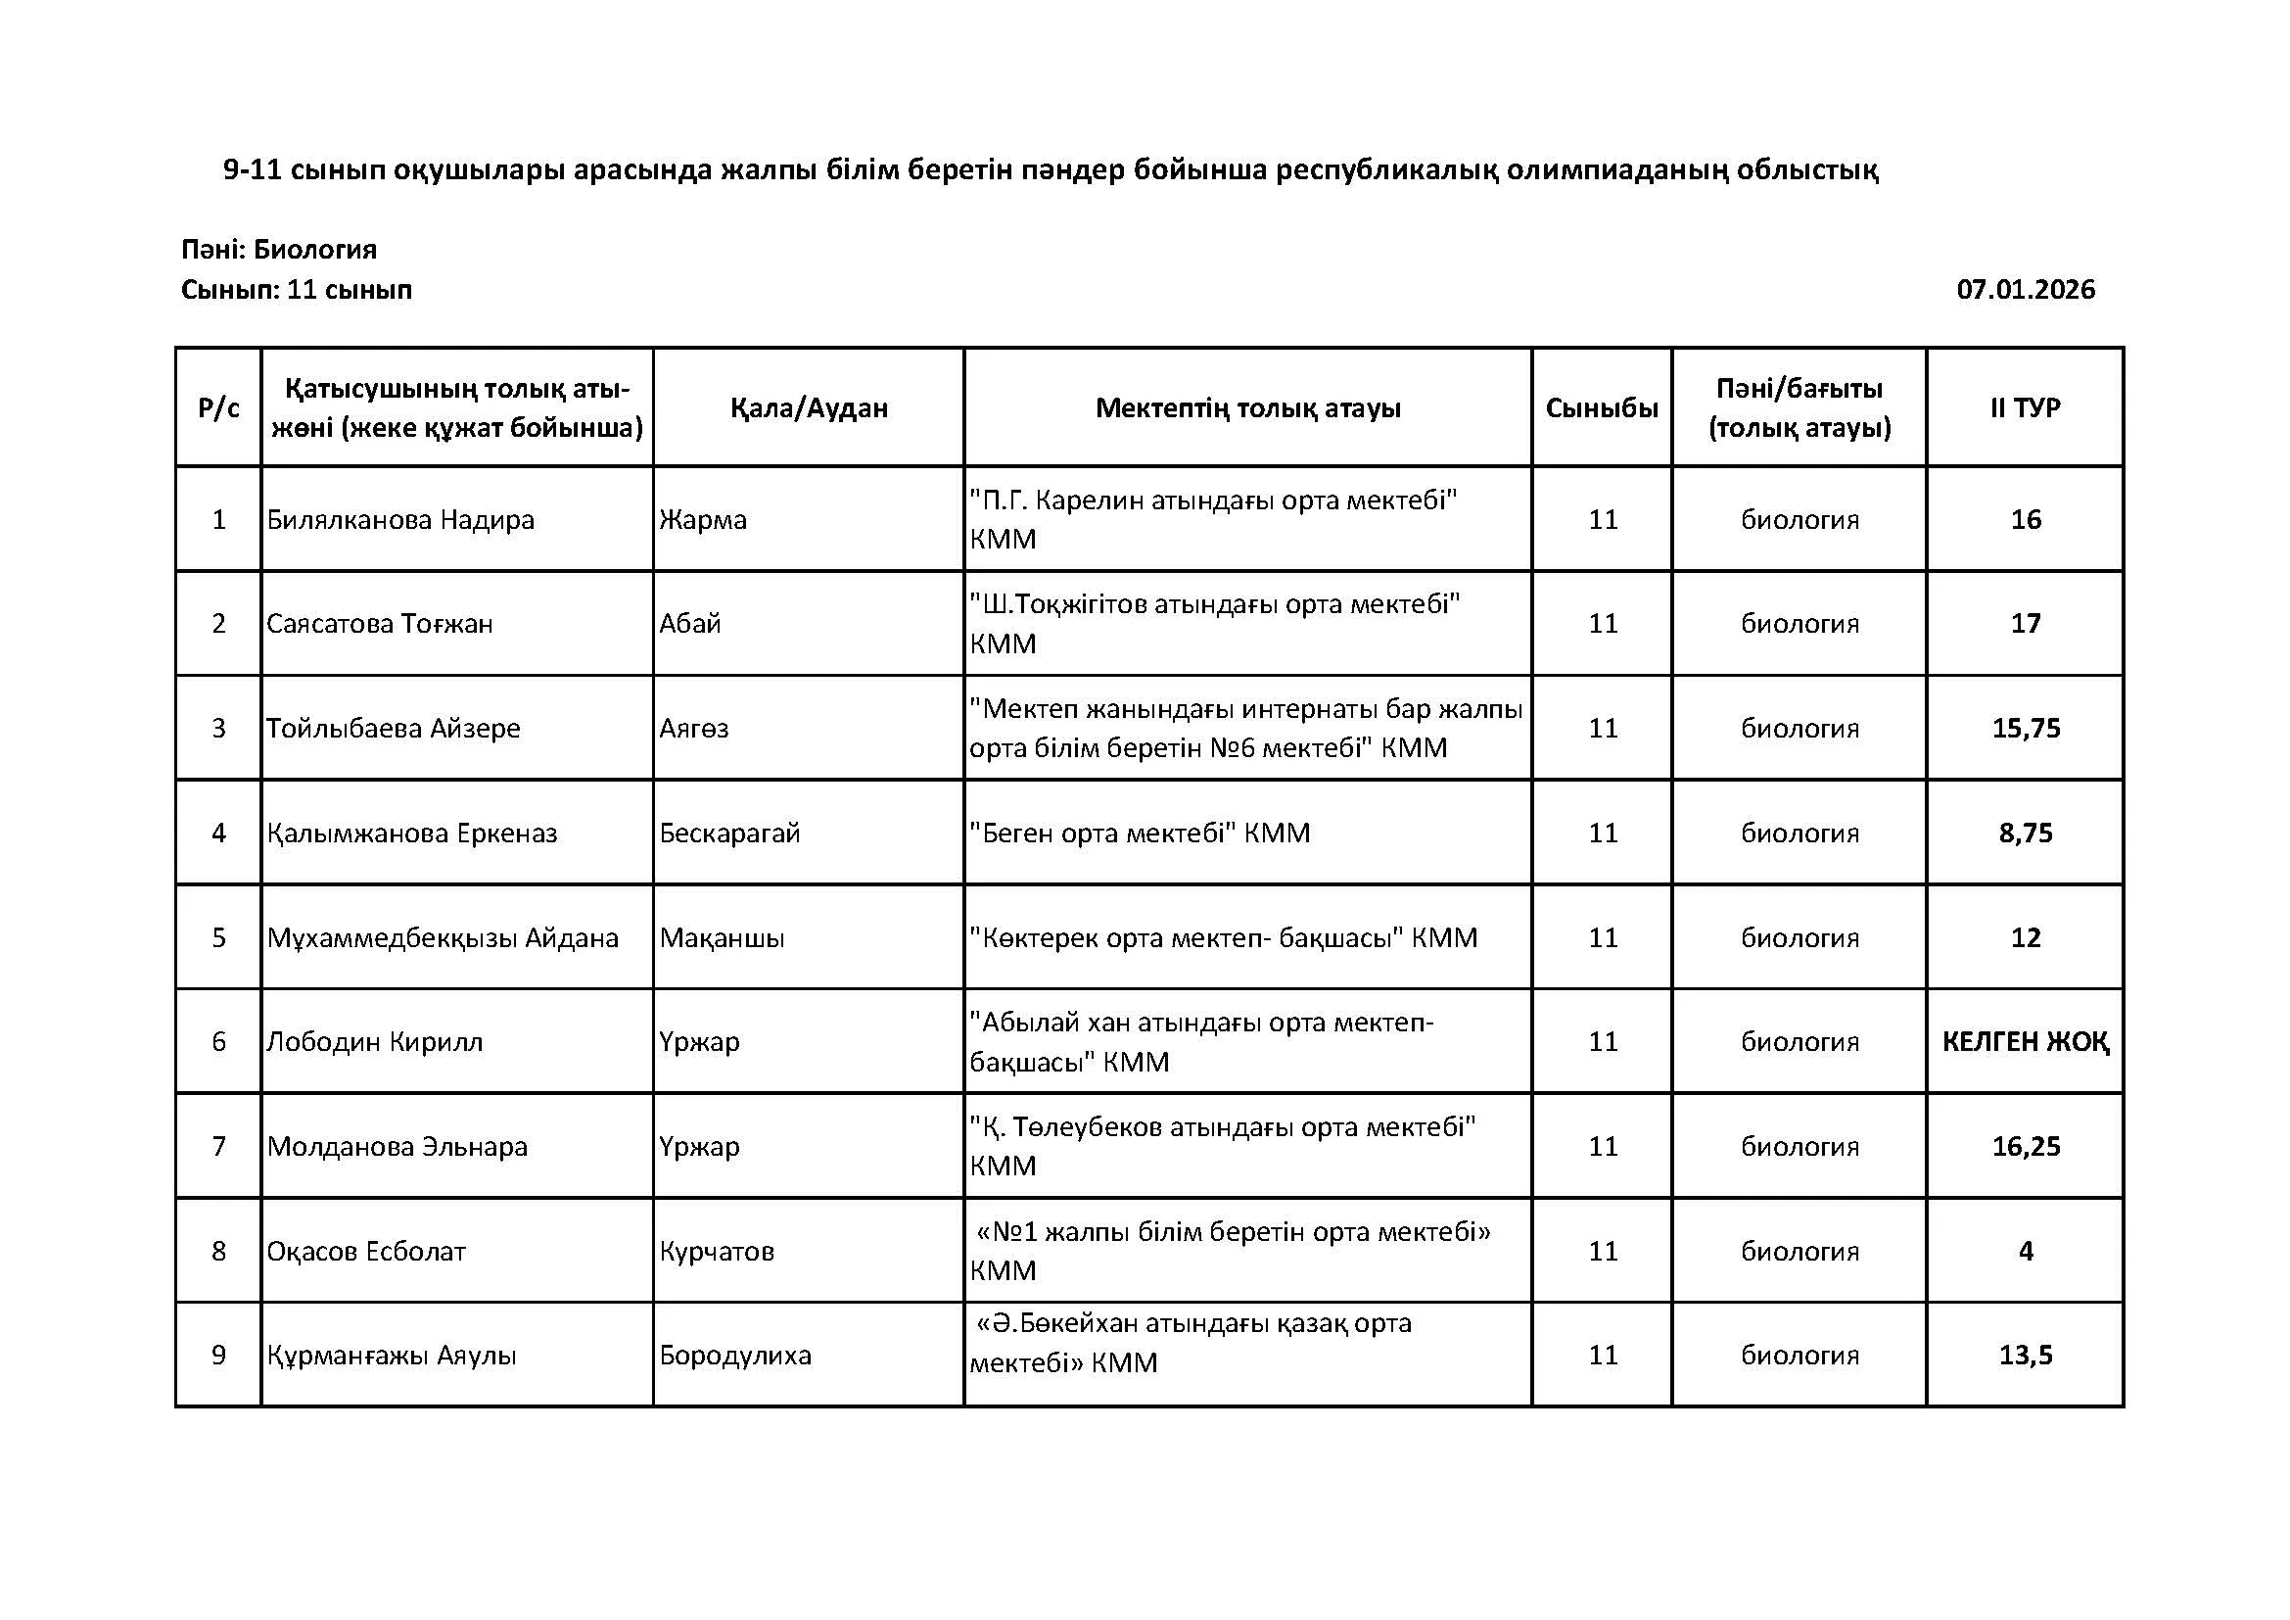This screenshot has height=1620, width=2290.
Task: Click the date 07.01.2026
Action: click(x=2025, y=290)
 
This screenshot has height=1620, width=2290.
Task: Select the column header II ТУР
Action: click(x=2025, y=408)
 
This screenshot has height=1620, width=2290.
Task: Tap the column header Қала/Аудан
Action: click(x=808, y=408)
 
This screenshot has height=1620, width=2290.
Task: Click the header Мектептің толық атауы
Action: click(x=1247, y=408)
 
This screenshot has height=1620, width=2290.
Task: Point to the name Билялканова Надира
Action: click(x=400, y=520)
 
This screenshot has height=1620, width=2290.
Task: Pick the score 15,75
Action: click(x=2026, y=728)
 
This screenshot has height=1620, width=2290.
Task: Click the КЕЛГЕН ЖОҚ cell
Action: click(x=2025, y=1042)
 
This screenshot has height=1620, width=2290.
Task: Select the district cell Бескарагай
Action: click(x=729, y=833)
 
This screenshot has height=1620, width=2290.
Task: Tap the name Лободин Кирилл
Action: click(x=374, y=1042)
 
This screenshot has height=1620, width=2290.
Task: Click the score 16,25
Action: click(x=2026, y=1147)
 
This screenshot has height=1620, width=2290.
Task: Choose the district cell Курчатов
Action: click(x=716, y=1252)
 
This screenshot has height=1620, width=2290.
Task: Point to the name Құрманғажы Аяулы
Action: click(x=391, y=1356)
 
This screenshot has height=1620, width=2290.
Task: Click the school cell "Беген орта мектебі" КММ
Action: click(x=1139, y=833)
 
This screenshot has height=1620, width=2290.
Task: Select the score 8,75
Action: click(x=2026, y=833)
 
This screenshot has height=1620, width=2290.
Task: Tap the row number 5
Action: click(x=218, y=937)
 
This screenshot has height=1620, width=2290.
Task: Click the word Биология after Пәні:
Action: click(x=314, y=250)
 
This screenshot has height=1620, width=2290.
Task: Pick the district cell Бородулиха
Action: click(x=735, y=1356)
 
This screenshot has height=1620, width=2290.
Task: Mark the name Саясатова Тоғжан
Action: click(x=379, y=625)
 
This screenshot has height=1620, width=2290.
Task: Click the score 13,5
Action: click(x=2026, y=1356)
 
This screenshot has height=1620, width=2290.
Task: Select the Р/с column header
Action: click(x=218, y=408)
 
